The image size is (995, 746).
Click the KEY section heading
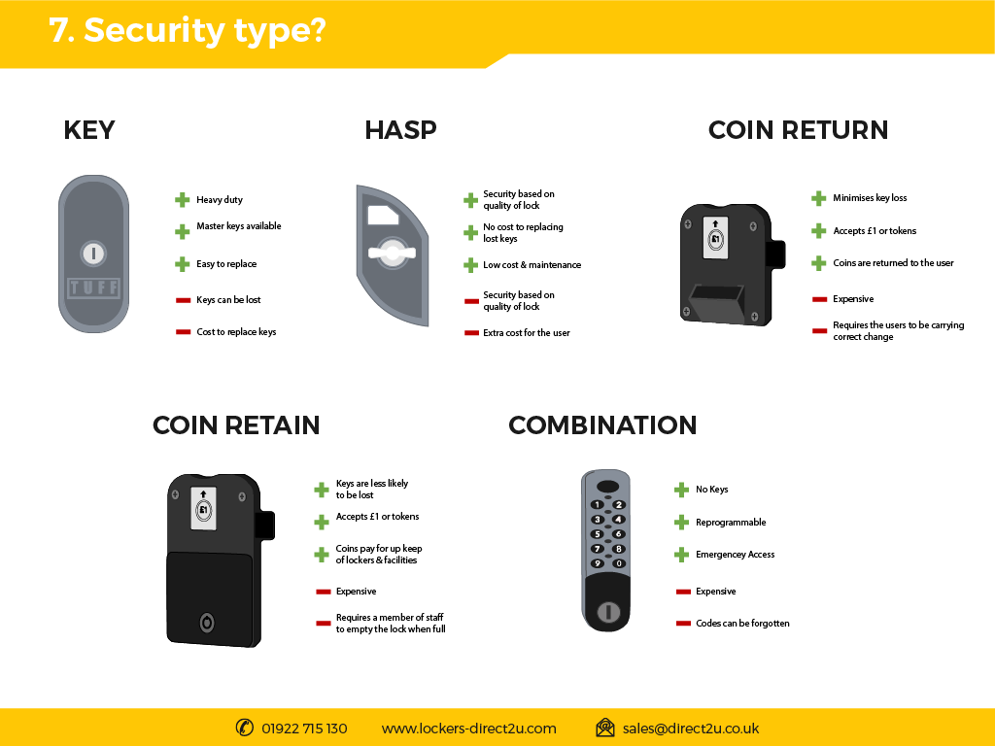tap(88, 130)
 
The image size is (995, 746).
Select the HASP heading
tap(400, 130)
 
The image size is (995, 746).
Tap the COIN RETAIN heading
tap(236, 425)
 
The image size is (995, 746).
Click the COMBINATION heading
tap(602, 425)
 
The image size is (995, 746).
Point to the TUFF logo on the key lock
tap(94, 288)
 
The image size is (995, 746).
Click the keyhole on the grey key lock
tap(94, 254)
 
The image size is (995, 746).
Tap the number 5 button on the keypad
tap(598, 534)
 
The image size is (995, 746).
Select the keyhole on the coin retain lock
tap(207, 623)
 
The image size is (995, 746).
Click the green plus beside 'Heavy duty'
tap(182, 200)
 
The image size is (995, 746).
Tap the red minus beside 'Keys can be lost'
tap(183, 300)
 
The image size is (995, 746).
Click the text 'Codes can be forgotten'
tap(742, 624)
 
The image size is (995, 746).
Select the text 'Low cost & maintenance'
tap(532, 265)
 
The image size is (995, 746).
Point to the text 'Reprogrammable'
tap(731, 523)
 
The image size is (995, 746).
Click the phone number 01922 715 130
tap(304, 729)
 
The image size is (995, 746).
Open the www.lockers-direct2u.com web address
tap(469, 729)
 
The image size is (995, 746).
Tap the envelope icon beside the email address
tap(605, 728)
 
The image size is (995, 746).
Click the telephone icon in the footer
tap(244, 728)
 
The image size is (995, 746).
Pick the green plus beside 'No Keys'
tap(681, 490)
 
